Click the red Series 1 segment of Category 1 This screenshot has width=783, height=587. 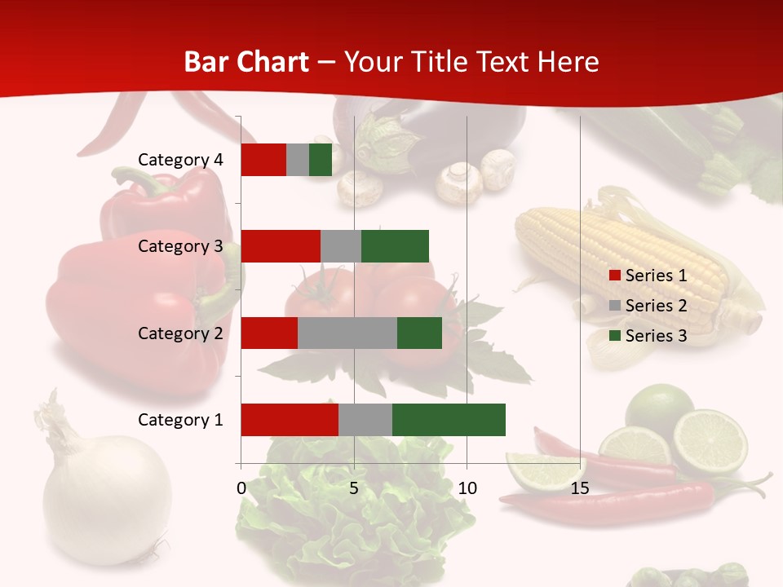290,420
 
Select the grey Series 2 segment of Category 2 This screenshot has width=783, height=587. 347,333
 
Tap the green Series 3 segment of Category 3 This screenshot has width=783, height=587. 395,246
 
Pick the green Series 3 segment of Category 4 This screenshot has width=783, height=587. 321,160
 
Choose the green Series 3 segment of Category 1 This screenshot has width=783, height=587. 449,420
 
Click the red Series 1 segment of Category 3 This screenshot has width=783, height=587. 281,246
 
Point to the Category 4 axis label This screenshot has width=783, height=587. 180,160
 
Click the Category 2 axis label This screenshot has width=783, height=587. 180,333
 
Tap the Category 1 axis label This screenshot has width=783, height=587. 180,420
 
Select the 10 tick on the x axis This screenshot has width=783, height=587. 467,488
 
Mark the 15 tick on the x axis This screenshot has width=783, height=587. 580,488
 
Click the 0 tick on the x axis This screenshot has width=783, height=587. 241,488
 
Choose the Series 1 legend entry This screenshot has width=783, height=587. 648,276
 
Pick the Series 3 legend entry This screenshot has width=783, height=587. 648,336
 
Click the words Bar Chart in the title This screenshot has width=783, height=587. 246,62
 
